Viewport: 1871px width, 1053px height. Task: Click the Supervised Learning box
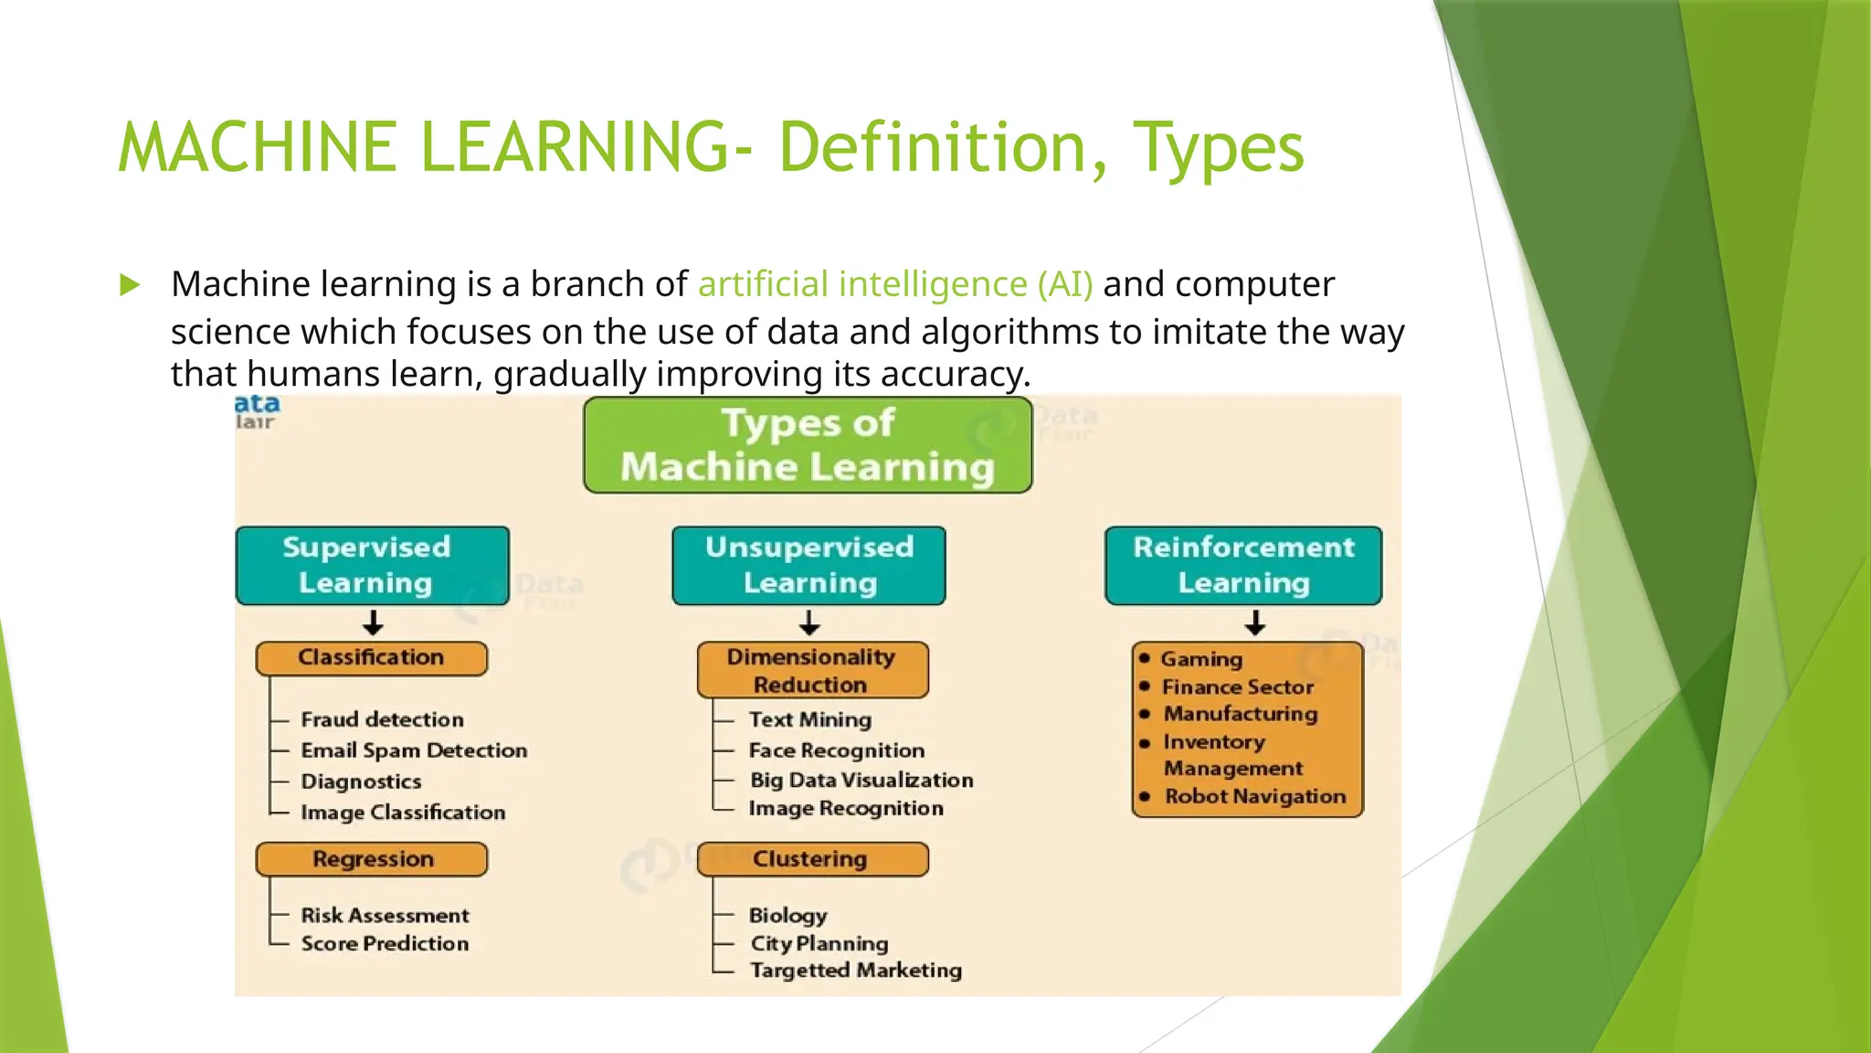coord(372,565)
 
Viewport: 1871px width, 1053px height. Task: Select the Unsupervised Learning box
coord(809,565)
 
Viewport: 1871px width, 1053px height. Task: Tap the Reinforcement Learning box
coord(1242,565)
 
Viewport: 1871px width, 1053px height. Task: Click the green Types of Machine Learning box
coord(808,445)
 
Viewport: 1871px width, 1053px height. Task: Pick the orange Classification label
coord(371,658)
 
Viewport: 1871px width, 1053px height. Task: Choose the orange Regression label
coord(372,859)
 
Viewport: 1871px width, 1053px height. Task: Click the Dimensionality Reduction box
coord(811,670)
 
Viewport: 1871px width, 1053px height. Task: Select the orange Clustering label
coord(811,859)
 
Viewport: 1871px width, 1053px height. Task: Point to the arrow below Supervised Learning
coord(373,623)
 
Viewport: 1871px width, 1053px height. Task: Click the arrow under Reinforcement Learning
coord(1255,623)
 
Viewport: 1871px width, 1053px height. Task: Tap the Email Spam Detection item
coord(414,750)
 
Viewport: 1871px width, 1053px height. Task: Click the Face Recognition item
coord(836,750)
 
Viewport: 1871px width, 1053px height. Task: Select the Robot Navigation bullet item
coord(1254,796)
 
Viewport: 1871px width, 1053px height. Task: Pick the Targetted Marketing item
coord(855,970)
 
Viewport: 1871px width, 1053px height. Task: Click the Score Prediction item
coord(385,943)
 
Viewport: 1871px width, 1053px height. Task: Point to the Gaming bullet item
coord(1200,659)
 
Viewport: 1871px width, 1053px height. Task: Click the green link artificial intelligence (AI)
coord(895,284)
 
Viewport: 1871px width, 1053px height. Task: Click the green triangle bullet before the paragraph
coord(130,285)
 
